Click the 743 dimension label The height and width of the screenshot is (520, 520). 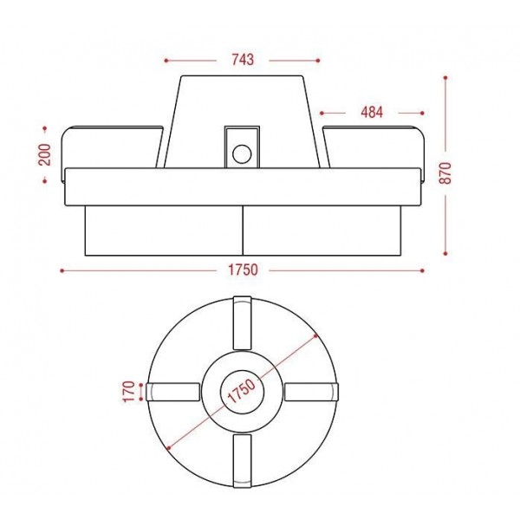(x=243, y=60)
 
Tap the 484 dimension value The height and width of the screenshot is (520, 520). (x=372, y=113)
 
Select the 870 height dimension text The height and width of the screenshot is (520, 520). (x=445, y=172)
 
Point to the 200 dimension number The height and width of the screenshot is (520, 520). (x=45, y=154)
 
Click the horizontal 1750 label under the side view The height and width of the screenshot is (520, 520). (x=243, y=270)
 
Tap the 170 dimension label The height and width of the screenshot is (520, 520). (x=129, y=392)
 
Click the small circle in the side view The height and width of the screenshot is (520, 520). (x=242, y=154)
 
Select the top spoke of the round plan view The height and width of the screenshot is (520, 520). (x=242, y=322)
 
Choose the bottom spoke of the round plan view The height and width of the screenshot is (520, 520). (x=242, y=461)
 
